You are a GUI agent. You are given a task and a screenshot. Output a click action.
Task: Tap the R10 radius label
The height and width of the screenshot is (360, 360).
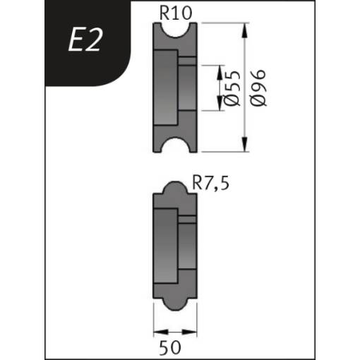tap(176, 13)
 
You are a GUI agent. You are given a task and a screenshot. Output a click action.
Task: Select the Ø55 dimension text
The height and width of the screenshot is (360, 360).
tap(232, 88)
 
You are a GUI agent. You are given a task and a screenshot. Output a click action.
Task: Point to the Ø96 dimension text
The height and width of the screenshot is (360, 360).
tap(258, 88)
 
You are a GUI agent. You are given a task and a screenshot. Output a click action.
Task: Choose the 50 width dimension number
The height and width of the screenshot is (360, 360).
tap(170, 347)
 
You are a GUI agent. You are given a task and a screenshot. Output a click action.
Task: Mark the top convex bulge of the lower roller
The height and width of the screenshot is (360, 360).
tap(175, 187)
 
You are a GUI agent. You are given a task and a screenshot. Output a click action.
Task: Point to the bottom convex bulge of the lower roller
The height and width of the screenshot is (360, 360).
tap(175, 304)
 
